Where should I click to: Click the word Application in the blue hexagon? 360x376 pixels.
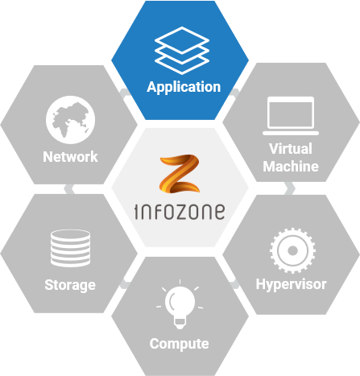click(184, 87)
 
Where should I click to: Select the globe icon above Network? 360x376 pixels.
click(70, 120)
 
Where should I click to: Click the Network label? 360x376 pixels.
click(70, 156)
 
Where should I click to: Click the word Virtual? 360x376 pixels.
click(291, 149)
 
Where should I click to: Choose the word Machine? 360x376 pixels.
click(291, 167)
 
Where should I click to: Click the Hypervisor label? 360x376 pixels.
click(291, 284)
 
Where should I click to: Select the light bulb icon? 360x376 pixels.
click(180, 304)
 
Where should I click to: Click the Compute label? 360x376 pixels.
click(179, 344)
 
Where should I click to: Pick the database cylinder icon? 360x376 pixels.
click(70, 248)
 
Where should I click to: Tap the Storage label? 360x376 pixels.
click(70, 285)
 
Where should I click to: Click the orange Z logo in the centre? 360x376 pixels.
click(180, 174)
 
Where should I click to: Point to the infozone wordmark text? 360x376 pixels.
click(180, 212)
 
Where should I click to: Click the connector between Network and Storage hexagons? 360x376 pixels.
click(69, 189)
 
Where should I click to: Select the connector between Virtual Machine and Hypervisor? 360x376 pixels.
click(290, 188)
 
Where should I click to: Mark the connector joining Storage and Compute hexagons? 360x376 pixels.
click(124, 284)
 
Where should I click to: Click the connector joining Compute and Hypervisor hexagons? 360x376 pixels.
click(234, 284)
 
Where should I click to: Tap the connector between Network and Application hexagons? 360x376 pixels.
click(125, 93)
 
